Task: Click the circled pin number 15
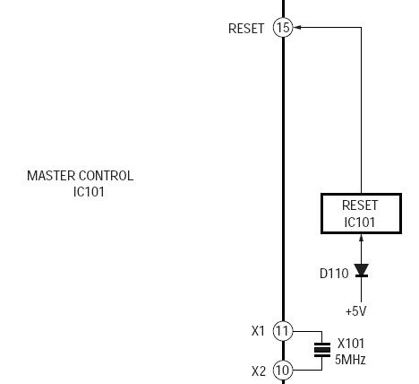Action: pyautogui.click(x=283, y=28)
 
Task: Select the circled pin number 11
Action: pyautogui.click(x=283, y=331)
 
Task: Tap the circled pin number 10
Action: pyautogui.click(x=283, y=371)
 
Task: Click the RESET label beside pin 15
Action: pyautogui.click(x=246, y=29)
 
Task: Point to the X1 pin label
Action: pyautogui.click(x=258, y=331)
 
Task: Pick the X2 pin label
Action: pyautogui.click(x=259, y=371)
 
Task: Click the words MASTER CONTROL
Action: pyautogui.click(x=81, y=176)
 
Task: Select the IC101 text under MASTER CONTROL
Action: pyautogui.click(x=89, y=192)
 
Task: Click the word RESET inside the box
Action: pyautogui.click(x=360, y=205)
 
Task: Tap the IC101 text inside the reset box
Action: pyautogui.click(x=360, y=223)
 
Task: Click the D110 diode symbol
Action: pyautogui.click(x=362, y=270)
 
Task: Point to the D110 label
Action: pyautogui.click(x=334, y=274)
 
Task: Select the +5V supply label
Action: pyautogui.click(x=355, y=311)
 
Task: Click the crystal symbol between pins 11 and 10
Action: pyautogui.click(x=322, y=350)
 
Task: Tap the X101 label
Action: pyautogui.click(x=351, y=344)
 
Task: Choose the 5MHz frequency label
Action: pyautogui.click(x=350, y=360)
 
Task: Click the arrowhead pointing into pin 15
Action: pyautogui.click(x=297, y=28)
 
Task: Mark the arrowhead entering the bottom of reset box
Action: pyautogui.click(x=362, y=238)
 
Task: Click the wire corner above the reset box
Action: pyautogui.click(x=362, y=28)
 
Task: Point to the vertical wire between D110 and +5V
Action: pyautogui.click(x=362, y=290)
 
